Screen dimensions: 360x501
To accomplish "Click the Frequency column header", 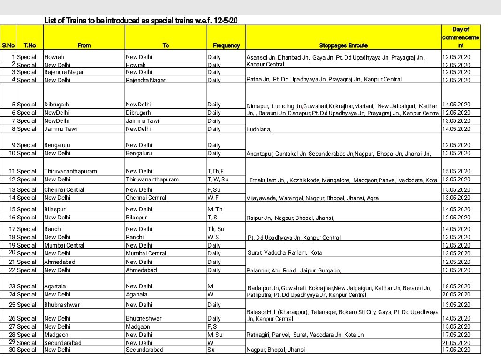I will (x=226, y=45).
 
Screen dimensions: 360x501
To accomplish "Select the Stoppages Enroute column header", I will (x=343, y=45).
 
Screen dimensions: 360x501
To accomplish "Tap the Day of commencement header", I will (x=461, y=37).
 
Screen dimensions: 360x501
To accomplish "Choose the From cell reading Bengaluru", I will (x=58, y=145).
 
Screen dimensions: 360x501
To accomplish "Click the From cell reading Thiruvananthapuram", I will (x=71, y=172).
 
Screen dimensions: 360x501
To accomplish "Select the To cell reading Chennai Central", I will (x=146, y=198).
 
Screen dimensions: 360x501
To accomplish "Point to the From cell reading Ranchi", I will (x=53, y=229).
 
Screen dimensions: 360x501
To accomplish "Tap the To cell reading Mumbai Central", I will (x=146, y=254).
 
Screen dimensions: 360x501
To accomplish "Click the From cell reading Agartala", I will (x=55, y=286).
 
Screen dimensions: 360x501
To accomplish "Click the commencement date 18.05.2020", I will (x=456, y=286).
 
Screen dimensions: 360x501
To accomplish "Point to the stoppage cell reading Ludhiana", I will (x=259, y=129).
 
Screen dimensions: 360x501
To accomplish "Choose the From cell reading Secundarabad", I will (x=63, y=343).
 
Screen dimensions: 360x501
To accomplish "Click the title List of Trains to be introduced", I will (x=144, y=21).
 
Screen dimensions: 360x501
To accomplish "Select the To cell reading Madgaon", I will (x=137, y=327).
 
